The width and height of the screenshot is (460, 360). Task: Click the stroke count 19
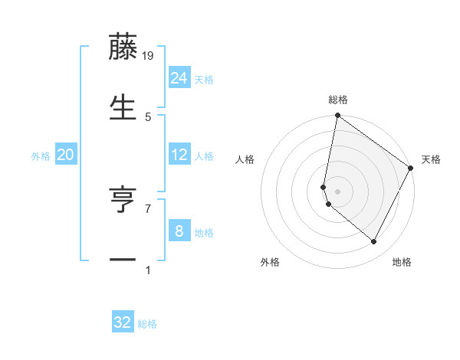[x=149, y=56]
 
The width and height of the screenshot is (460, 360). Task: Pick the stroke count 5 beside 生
[x=148, y=116]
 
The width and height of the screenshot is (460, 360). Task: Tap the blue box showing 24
[x=179, y=78]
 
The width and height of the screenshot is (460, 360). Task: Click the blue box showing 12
[x=179, y=155]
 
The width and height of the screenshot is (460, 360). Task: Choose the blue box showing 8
[x=179, y=231]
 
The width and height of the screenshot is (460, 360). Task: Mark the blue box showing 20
[x=66, y=155]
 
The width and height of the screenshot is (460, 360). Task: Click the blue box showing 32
[x=123, y=322]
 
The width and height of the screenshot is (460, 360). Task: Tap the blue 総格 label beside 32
[x=147, y=324]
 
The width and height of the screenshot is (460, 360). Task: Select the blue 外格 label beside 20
[x=41, y=156]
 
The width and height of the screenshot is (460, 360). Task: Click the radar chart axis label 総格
[x=338, y=100]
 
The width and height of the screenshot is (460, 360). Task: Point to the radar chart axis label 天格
[x=431, y=159]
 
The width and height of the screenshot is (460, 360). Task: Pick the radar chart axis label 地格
[x=402, y=263]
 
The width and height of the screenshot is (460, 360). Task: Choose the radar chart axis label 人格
[x=245, y=159]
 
